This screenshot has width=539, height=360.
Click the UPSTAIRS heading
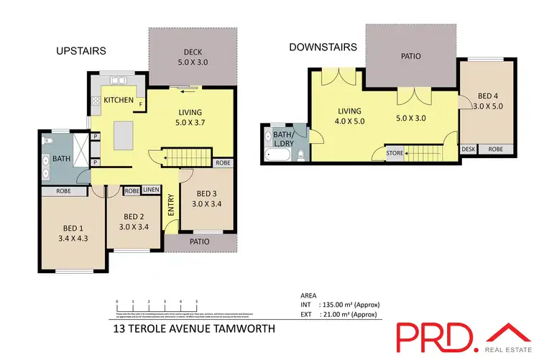click(81, 51)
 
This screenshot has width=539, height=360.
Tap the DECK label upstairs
click(190, 51)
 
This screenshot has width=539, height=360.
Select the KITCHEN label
click(119, 100)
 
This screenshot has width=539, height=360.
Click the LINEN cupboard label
click(151, 191)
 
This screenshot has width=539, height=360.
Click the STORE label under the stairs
click(395, 152)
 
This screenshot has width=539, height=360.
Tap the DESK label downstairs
click(469, 149)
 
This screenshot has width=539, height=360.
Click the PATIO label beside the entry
click(199, 242)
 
